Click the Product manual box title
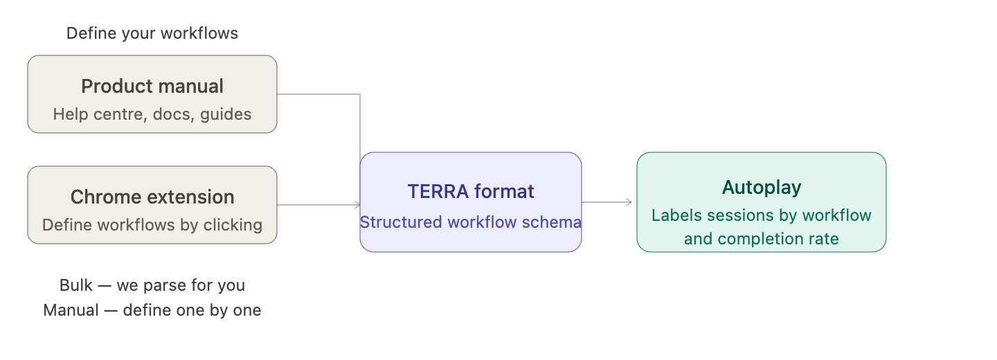coord(152,87)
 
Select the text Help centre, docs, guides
coord(152,114)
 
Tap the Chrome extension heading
coord(152,197)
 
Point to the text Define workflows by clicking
coord(152,225)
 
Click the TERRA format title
coord(471,192)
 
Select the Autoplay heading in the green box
coord(762,188)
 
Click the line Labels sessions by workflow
coord(762,215)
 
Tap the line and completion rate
coord(762,239)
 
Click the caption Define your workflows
coord(152,33)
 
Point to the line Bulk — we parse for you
coord(152,285)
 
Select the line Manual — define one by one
coord(152,310)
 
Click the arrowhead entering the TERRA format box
coord(357,205)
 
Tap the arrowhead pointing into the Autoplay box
coord(630,202)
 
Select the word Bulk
coord(76,285)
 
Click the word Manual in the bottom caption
coord(71,310)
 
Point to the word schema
coord(557,222)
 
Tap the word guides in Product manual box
coord(226,114)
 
